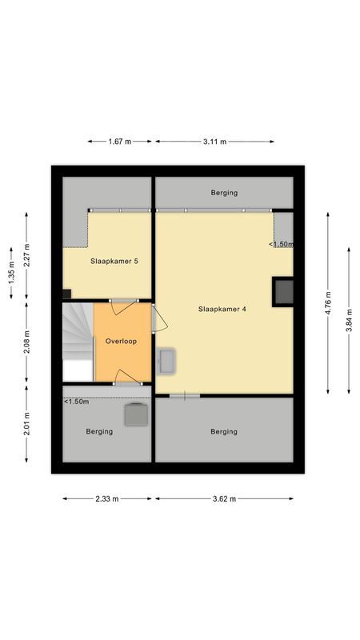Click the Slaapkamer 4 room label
coord(222,309)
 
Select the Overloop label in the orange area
coord(121,341)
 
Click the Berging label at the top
coord(224,193)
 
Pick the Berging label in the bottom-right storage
coord(224,431)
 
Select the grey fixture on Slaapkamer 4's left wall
coord(168,361)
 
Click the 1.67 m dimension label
coord(120,142)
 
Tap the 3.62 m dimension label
coord(224,498)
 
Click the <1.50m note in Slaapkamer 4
coord(281,244)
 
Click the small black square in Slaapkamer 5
coord(66,294)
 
